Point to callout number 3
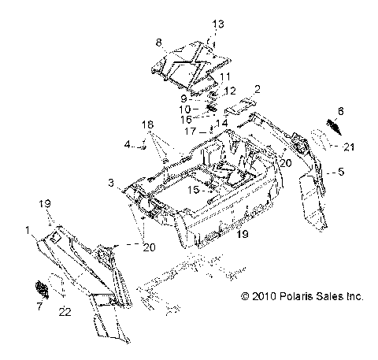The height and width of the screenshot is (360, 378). (x=113, y=183)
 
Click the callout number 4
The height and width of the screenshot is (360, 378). (x=126, y=144)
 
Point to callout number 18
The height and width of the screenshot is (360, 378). (x=147, y=125)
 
